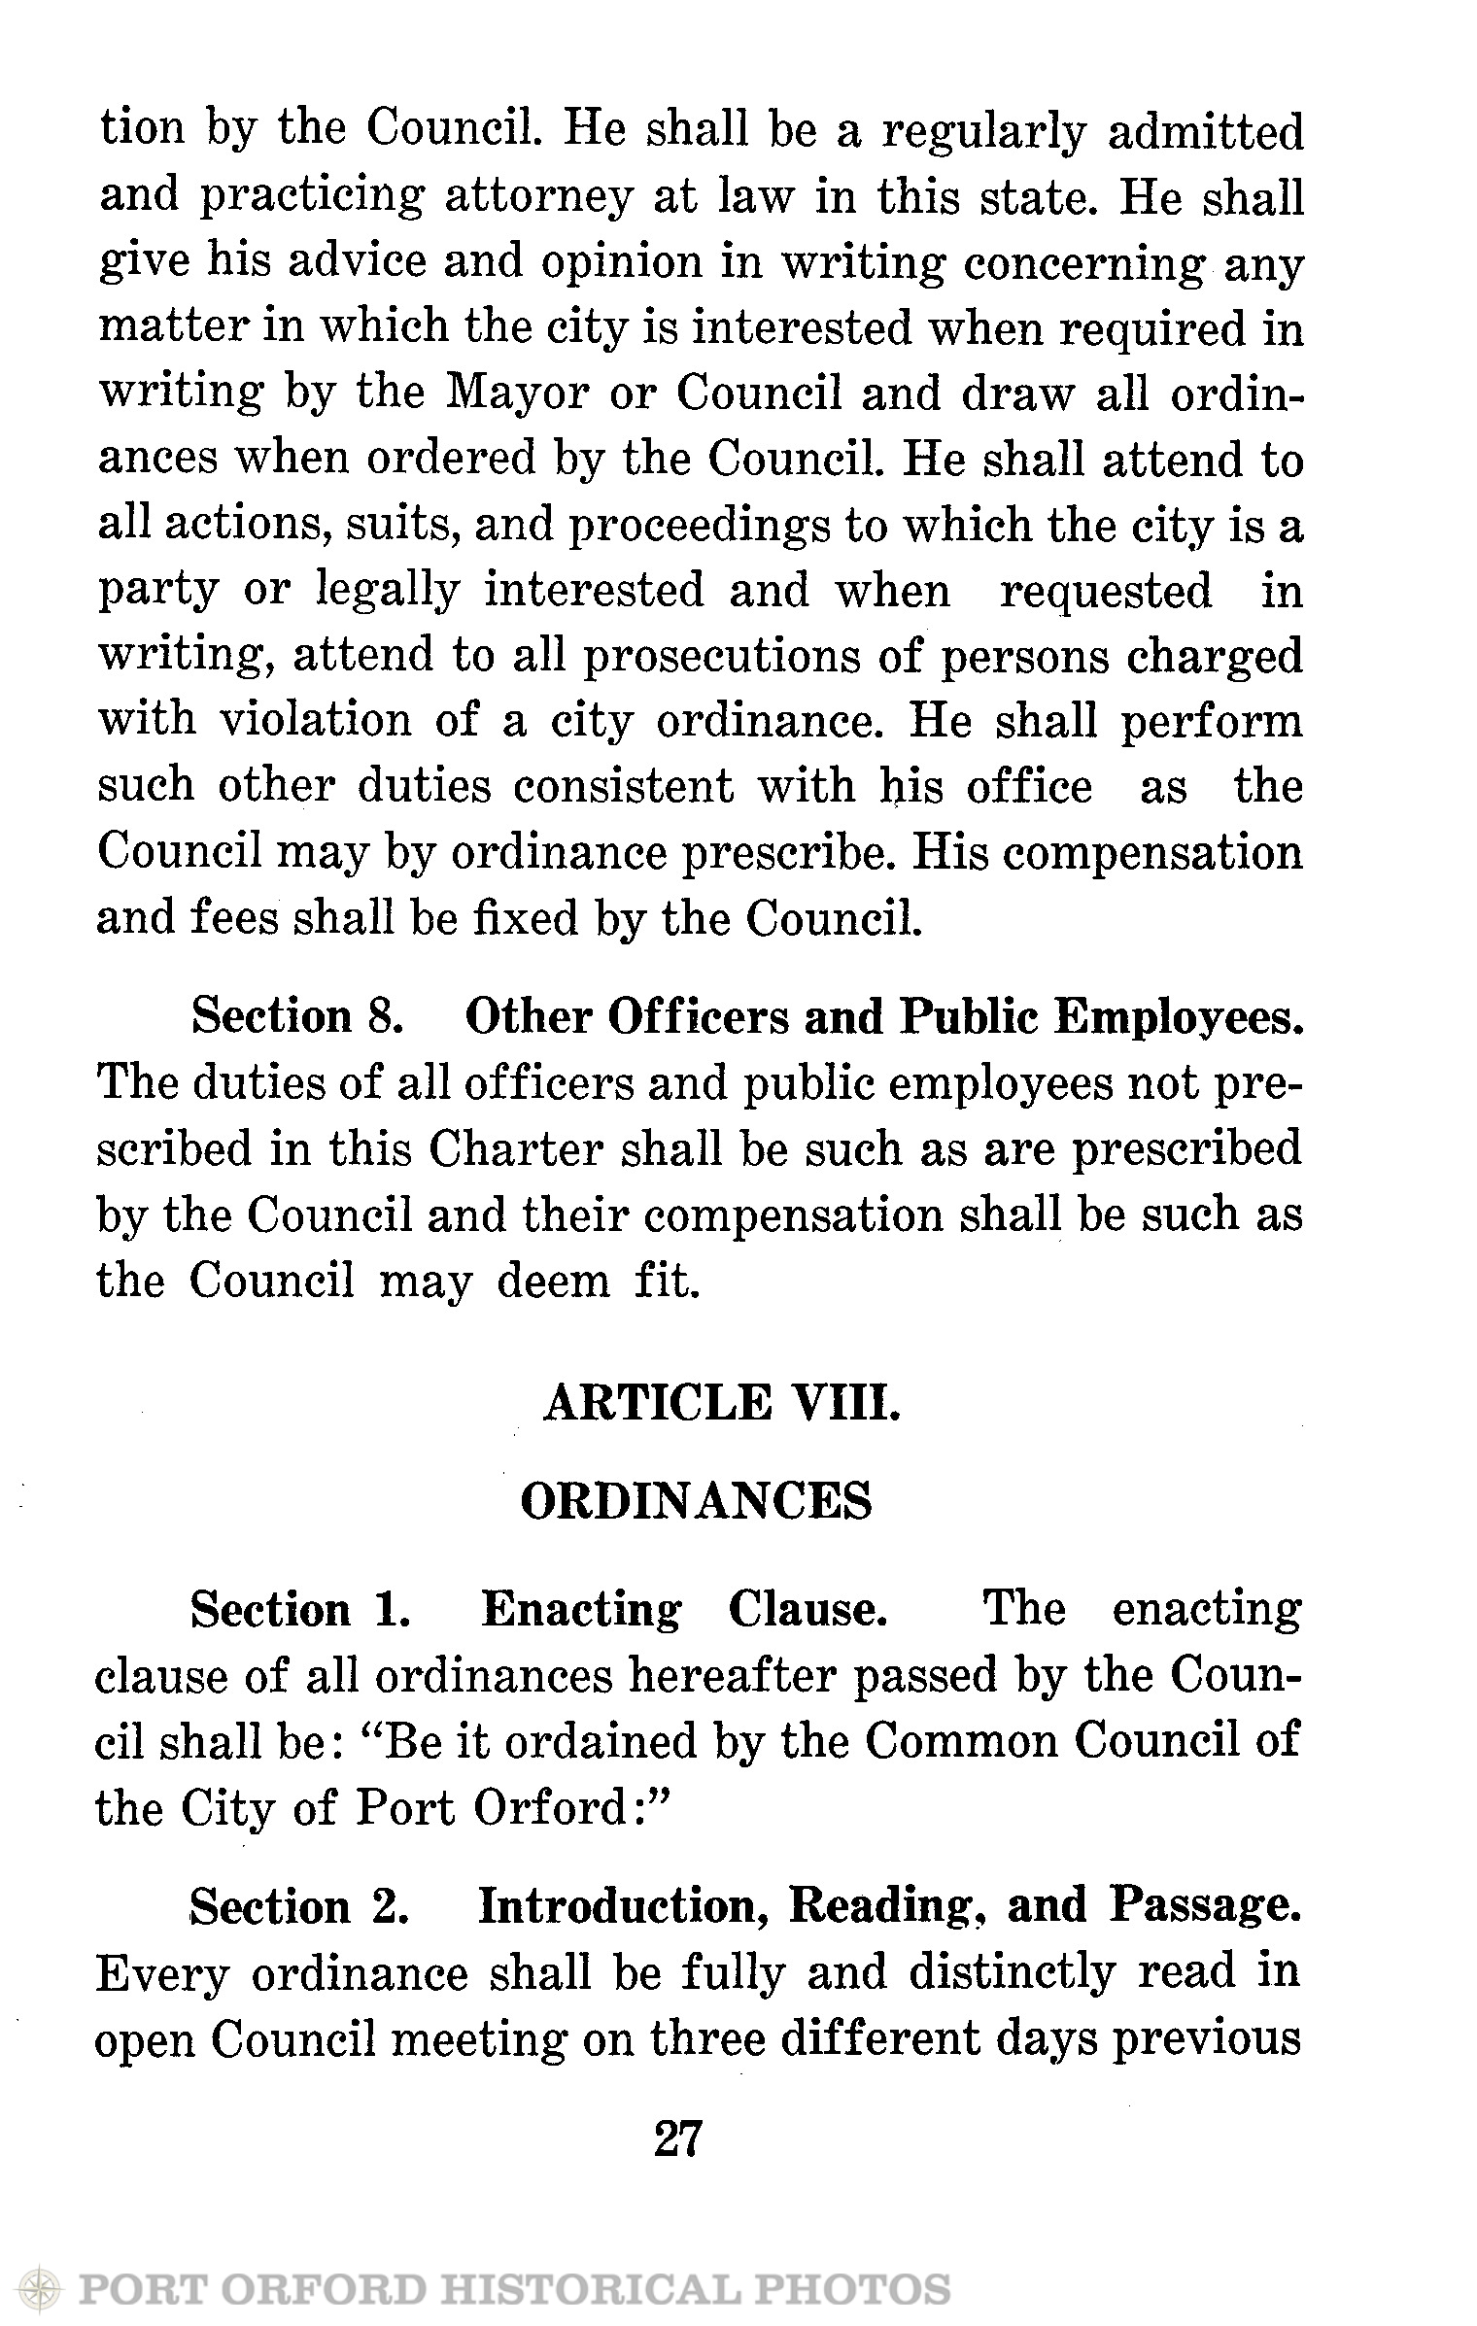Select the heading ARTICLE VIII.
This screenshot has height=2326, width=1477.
click(722, 1403)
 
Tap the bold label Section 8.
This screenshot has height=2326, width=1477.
click(297, 1016)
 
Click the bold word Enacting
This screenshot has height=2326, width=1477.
click(581, 1610)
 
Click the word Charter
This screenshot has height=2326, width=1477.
click(516, 1149)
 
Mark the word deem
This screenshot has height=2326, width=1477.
click(553, 1281)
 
